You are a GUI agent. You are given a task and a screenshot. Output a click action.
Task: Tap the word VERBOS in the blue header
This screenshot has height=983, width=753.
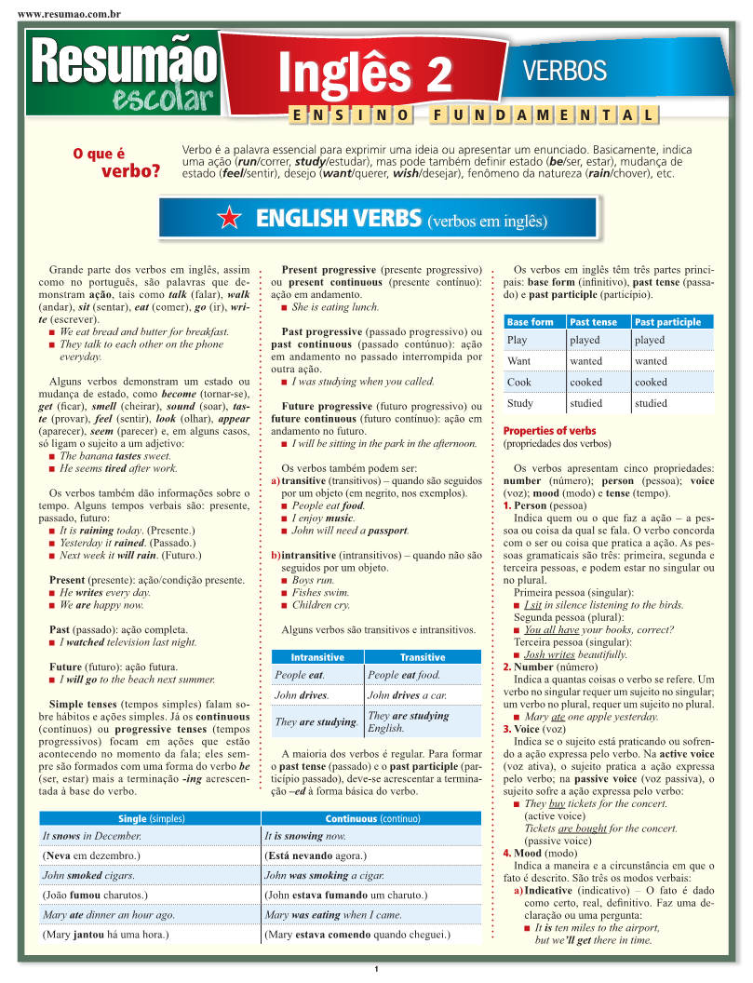[564, 70]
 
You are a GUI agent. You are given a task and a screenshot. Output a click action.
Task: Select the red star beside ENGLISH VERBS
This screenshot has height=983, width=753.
[228, 220]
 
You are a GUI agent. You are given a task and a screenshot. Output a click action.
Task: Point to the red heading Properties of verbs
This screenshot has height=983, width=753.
[549, 431]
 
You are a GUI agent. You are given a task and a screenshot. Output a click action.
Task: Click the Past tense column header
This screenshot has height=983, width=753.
[593, 322]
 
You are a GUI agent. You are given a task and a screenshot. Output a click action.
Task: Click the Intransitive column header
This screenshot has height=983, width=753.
[317, 657]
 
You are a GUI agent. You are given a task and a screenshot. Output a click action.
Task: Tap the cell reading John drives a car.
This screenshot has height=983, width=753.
[407, 695]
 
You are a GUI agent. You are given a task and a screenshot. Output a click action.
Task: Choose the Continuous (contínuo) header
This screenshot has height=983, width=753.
[372, 819]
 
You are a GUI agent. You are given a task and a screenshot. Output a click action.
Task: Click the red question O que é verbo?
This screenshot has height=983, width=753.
[116, 162]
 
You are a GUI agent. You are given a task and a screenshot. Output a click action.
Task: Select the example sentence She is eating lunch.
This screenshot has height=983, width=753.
[335, 307]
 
